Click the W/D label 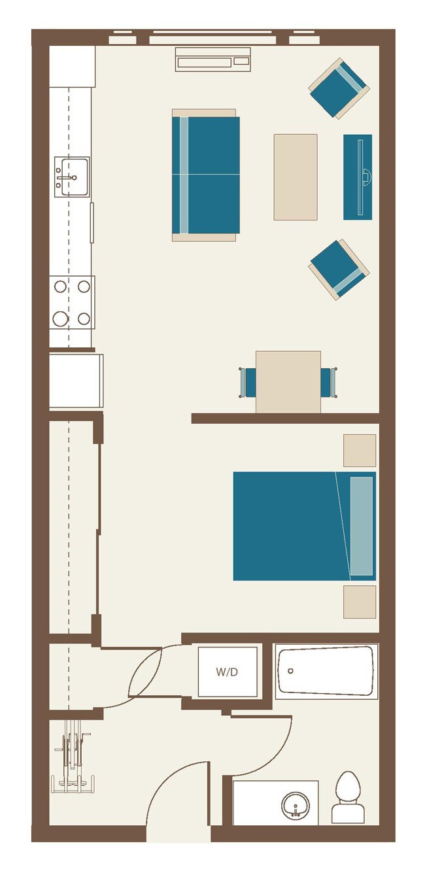(x=227, y=672)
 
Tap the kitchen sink (x=71, y=176)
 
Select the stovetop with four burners (x=72, y=302)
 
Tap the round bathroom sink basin (x=297, y=805)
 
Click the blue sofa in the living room (x=205, y=175)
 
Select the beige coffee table (x=296, y=177)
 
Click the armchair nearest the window (x=339, y=88)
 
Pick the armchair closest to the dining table (x=339, y=269)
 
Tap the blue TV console (x=358, y=177)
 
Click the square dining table (x=288, y=382)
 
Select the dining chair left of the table (x=248, y=383)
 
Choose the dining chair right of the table (x=328, y=383)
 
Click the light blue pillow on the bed (x=362, y=526)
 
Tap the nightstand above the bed (x=360, y=451)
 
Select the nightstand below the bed (x=360, y=602)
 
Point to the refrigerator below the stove (x=75, y=381)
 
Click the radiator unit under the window (x=212, y=60)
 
